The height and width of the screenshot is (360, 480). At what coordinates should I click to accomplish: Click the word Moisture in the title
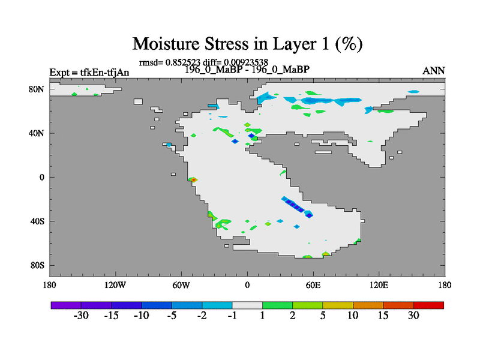pos(166,44)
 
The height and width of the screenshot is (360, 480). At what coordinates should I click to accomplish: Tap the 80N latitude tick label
pos(37,89)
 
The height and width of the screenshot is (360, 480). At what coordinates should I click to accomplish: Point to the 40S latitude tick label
pos(37,221)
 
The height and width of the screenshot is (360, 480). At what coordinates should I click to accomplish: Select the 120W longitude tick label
pos(115,285)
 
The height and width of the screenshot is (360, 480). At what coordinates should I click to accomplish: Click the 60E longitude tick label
pos(313,285)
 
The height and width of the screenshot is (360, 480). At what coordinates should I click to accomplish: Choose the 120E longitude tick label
pos(379,285)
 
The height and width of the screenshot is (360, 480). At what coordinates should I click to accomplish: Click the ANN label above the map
pos(433,71)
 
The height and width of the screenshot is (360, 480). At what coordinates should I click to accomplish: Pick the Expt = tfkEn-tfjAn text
pos(89,73)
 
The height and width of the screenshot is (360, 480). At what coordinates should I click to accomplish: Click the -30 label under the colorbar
pos(81,316)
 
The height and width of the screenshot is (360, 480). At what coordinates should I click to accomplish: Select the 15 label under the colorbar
pos(383,316)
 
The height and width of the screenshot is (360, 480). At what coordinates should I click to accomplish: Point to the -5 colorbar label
pos(172,316)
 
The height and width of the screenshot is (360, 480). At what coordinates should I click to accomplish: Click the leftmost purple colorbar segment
pos(66,305)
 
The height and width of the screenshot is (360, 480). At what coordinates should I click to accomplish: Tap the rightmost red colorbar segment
pos(428,305)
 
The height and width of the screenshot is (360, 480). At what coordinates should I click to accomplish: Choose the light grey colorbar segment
pos(247,305)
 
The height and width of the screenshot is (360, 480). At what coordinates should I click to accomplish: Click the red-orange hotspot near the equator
pos(193,179)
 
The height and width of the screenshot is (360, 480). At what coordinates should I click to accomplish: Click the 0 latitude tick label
pos(41,177)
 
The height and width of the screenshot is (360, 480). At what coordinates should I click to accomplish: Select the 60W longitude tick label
pos(181,285)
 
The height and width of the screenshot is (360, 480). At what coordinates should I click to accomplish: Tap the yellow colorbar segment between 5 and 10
pos(338,305)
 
